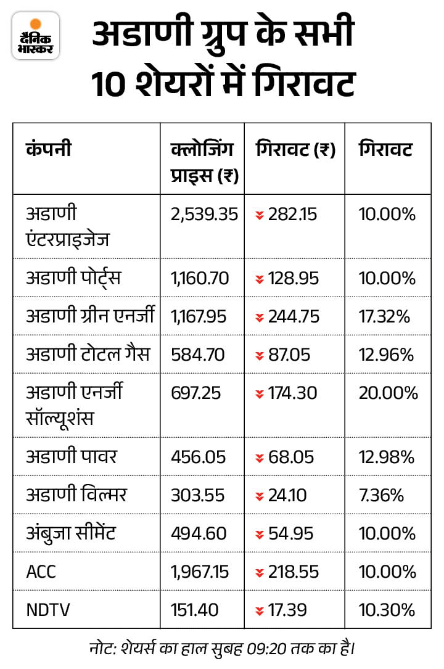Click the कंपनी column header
[x=49, y=150]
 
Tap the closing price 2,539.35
[x=204, y=214]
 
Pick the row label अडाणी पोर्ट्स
[x=73, y=278]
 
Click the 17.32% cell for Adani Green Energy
[x=386, y=316]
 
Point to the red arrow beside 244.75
[x=260, y=317]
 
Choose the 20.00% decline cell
[x=388, y=393]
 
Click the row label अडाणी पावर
[x=72, y=457]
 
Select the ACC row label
[x=41, y=572]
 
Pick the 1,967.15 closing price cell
[x=200, y=572]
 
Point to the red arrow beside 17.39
[x=260, y=610]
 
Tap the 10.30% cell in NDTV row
[x=387, y=610]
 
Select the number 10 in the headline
[x=110, y=84]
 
